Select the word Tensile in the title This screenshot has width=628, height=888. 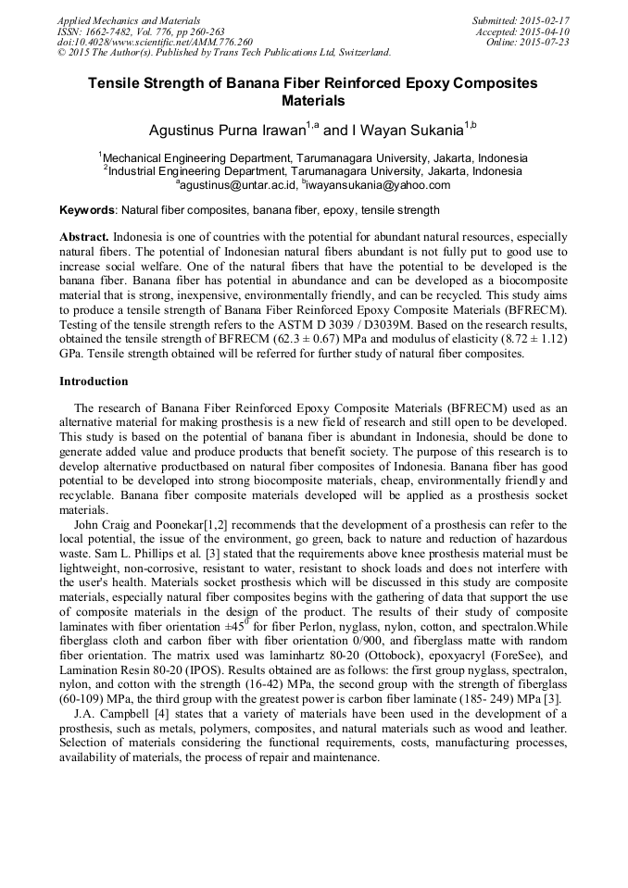(114, 83)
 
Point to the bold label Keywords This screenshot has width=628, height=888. (87, 210)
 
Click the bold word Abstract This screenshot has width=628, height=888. (84, 237)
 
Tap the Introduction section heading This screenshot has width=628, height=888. (94, 381)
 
